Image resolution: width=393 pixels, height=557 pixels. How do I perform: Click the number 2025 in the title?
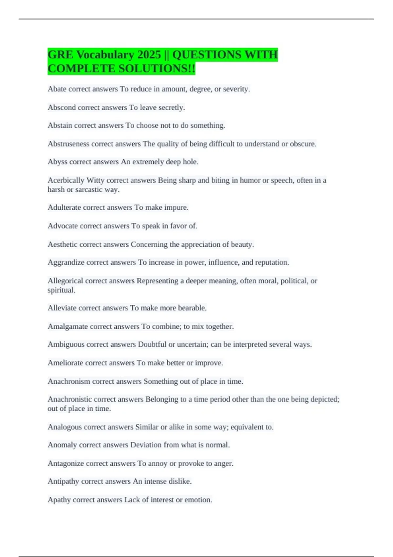tap(149, 55)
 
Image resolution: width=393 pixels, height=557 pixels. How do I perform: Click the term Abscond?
tap(62, 107)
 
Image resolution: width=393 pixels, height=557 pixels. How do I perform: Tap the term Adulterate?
tap(64, 207)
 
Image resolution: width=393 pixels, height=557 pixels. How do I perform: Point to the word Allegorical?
tap(65, 281)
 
